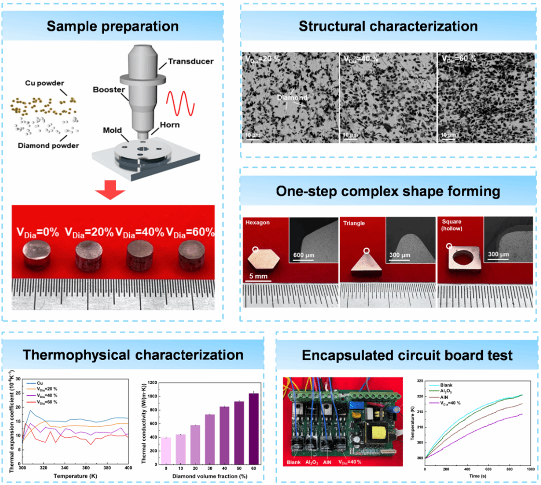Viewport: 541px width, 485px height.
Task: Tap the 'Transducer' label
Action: point(190,61)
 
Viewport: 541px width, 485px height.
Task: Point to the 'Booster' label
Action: point(108,89)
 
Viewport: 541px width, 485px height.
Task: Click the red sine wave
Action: point(180,103)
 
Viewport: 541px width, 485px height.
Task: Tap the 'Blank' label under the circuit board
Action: point(294,462)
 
